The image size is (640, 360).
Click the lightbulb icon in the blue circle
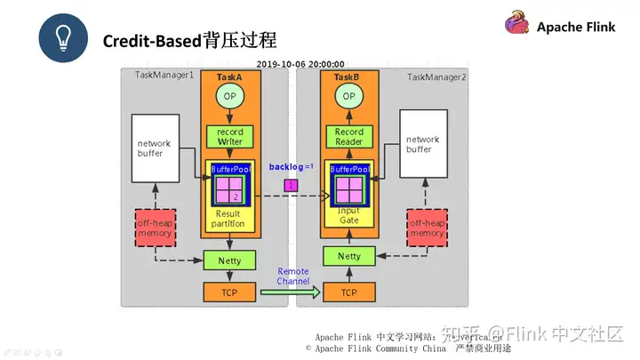click(62, 38)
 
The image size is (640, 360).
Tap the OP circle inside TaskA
click(229, 96)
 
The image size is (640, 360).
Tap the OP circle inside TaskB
click(348, 96)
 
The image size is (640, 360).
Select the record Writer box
click(229, 137)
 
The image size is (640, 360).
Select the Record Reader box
click(348, 137)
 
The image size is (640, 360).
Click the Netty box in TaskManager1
click(229, 260)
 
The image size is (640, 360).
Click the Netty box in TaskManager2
click(348, 256)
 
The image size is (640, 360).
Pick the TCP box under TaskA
click(229, 291)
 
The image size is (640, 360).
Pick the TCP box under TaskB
click(348, 291)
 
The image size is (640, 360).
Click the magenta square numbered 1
click(290, 185)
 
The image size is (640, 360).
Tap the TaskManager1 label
click(164, 76)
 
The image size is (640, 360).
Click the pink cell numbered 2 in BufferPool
click(236, 196)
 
